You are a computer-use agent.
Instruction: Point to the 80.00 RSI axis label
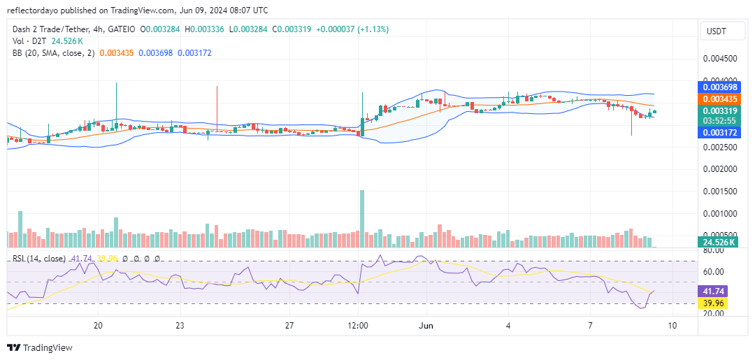click(713, 250)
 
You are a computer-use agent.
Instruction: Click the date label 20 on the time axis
click(99, 326)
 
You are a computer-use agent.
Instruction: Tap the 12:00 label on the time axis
click(358, 326)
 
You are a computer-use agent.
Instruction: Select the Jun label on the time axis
click(426, 326)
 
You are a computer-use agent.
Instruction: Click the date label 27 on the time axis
click(290, 326)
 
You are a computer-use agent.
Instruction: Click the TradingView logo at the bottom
click(40, 347)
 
